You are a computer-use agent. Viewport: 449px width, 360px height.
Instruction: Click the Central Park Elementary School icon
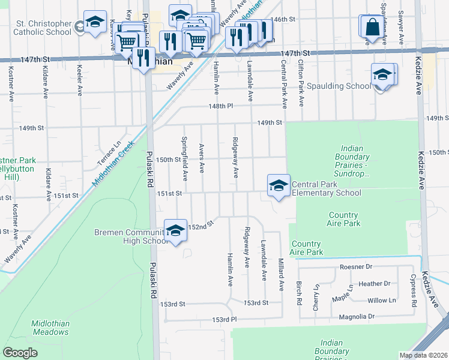pos(279,185)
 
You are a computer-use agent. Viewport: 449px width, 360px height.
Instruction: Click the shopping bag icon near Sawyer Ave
pos(372,27)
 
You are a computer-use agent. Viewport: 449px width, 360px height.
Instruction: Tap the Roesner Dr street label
pos(356,266)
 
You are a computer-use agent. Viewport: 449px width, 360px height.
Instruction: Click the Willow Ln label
pos(382,300)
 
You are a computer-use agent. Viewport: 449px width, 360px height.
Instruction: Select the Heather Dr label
pos(374,284)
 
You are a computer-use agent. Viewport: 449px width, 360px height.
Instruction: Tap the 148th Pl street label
pos(221,106)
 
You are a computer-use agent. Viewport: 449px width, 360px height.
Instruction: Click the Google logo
pos(20,353)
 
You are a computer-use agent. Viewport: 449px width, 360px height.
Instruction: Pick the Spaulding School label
pos(339,86)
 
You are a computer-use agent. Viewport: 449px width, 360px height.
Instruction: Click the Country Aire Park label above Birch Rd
pos(306,248)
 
